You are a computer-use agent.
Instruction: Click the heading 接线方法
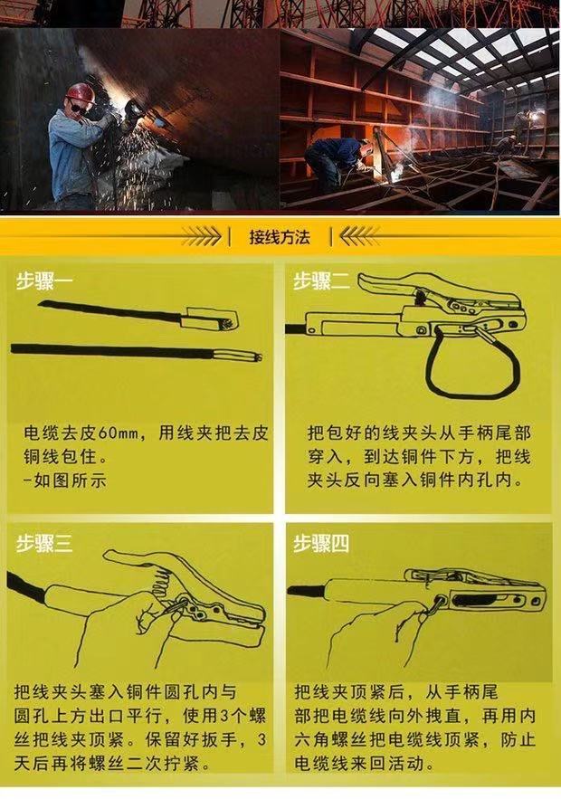tap(280, 237)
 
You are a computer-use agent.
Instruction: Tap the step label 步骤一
tap(44, 281)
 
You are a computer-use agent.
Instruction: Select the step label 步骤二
tap(321, 281)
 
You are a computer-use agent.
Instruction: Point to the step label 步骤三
tap(44, 544)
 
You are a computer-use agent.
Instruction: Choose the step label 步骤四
tap(321, 544)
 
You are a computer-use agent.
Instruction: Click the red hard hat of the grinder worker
tap(81, 91)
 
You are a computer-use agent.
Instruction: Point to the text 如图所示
tap(70, 480)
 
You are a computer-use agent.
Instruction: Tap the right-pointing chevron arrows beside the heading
tap(202, 236)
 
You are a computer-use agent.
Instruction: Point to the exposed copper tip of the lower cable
tap(258, 357)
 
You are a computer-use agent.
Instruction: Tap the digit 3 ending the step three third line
tap(261, 740)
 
